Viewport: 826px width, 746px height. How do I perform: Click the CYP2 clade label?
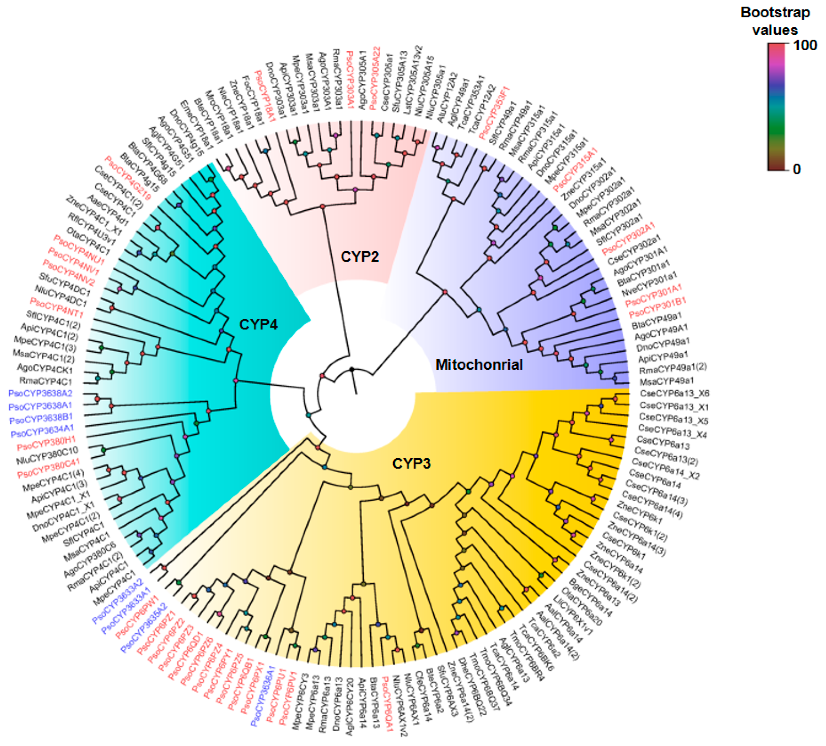coord(360,257)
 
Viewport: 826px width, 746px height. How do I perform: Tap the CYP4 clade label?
coord(259,324)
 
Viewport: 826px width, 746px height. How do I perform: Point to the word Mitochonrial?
coord(479,365)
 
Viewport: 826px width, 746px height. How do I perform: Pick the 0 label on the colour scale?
coord(796,169)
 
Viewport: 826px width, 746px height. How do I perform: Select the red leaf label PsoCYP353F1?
coord(494,112)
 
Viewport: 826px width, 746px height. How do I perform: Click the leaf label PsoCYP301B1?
coord(657,308)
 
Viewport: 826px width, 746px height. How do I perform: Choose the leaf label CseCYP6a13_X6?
coord(674,394)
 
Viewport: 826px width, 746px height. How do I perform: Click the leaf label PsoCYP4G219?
coord(128,178)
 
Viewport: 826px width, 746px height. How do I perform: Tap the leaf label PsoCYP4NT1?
coord(57,308)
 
